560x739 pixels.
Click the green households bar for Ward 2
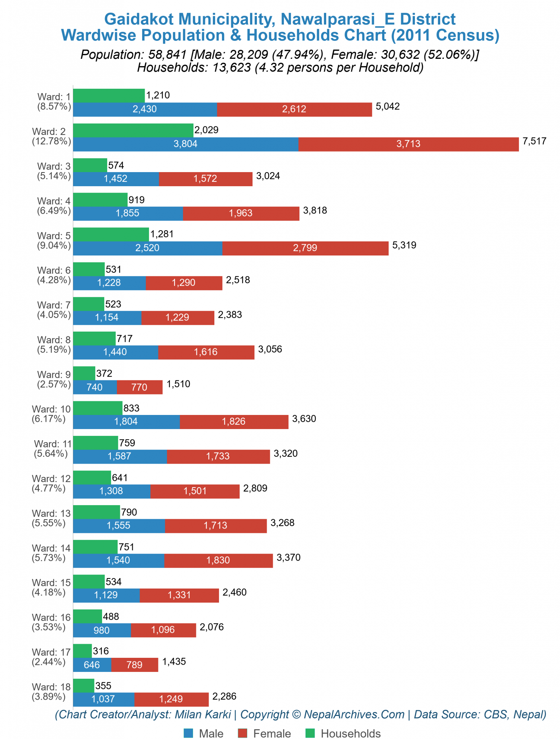pyautogui.click(x=133, y=130)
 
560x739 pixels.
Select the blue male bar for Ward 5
pyautogui.click(x=147, y=248)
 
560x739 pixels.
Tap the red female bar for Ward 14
pyautogui.click(x=218, y=560)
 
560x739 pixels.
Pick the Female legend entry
pyautogui.click(x=264, y=733)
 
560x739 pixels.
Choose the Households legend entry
pyautogui.click(x=343, y=733)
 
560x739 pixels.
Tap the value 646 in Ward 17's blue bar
pyautogui.click(x=92, y=665)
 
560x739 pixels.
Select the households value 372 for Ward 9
pyautogui.click(x=104, y=373)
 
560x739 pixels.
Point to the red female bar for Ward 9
pyautogui.click(x=139, y=387)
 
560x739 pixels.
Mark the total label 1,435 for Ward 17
pyautogui.click(x=174, y=661)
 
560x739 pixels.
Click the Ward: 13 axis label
pyautogui.click(x=51, y=513)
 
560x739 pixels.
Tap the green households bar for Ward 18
pyautogui.click(x=83, y=686)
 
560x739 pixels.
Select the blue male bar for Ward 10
pyautogui.click(x=126, y=421)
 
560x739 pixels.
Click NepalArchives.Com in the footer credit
pyautogui.click(x=354, y=714)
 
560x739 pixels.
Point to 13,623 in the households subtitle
pyautogui.click(x=229, y=67)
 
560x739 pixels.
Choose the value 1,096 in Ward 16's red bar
pyautogui.click(x=163, y=630)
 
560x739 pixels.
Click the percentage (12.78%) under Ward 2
pyautogui.click(x=51, y=141)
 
